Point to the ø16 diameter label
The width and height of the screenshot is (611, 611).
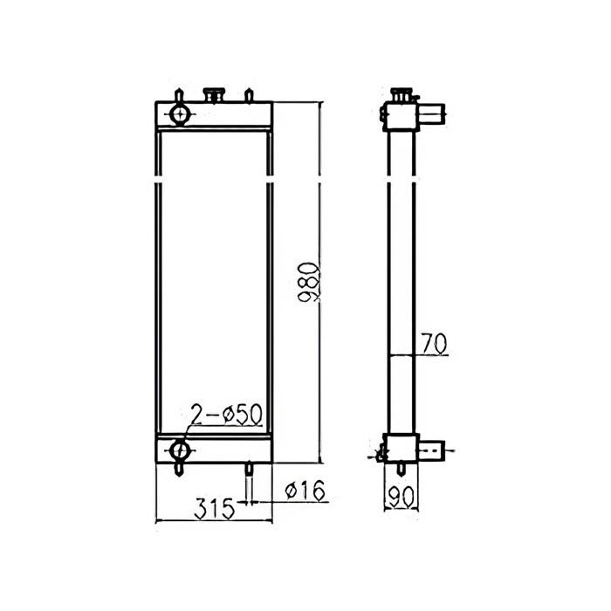click(x=305, y=492)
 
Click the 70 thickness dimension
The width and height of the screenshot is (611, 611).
click(x=434, y=343)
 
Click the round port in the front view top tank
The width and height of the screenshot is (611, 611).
click(x=180, y=114)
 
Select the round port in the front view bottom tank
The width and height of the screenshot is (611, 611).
click(x=180, y=450)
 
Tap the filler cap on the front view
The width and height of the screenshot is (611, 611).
click(x=212, y=93)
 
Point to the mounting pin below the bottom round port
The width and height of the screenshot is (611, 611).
click(x=180, y=469)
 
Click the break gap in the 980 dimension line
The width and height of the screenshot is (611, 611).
click(x=321, y=181)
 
